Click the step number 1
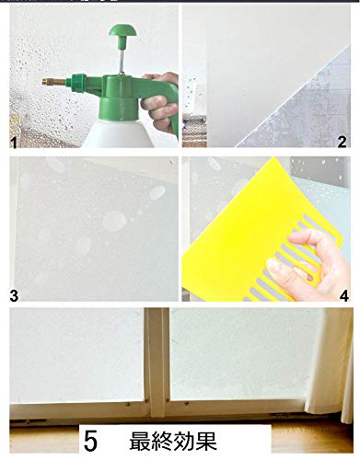tap(13, 143)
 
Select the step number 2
tap(343, 142)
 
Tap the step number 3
tap(14, 295)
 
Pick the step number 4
tap(344, 295)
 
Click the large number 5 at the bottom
tap(91, 442)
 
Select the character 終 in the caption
tap(162, 442)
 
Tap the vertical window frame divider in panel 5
tap(157, 362)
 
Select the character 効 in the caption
tap(184, 442)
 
